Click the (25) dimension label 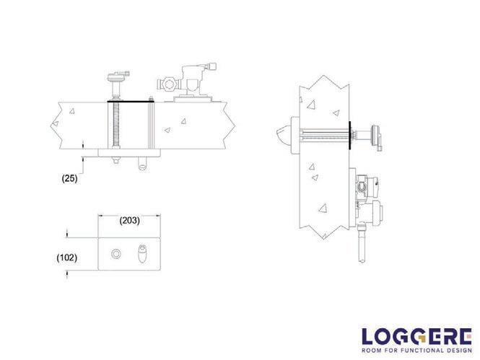coord(69,178)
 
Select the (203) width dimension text coord(129,220)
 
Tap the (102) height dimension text coord(66,258)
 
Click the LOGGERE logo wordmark coord(416,336)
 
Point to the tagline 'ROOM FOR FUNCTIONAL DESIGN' coord(416,350)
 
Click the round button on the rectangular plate coord(116,254)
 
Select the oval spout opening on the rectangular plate coord(143,253)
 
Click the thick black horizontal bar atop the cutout coord(131,101)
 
